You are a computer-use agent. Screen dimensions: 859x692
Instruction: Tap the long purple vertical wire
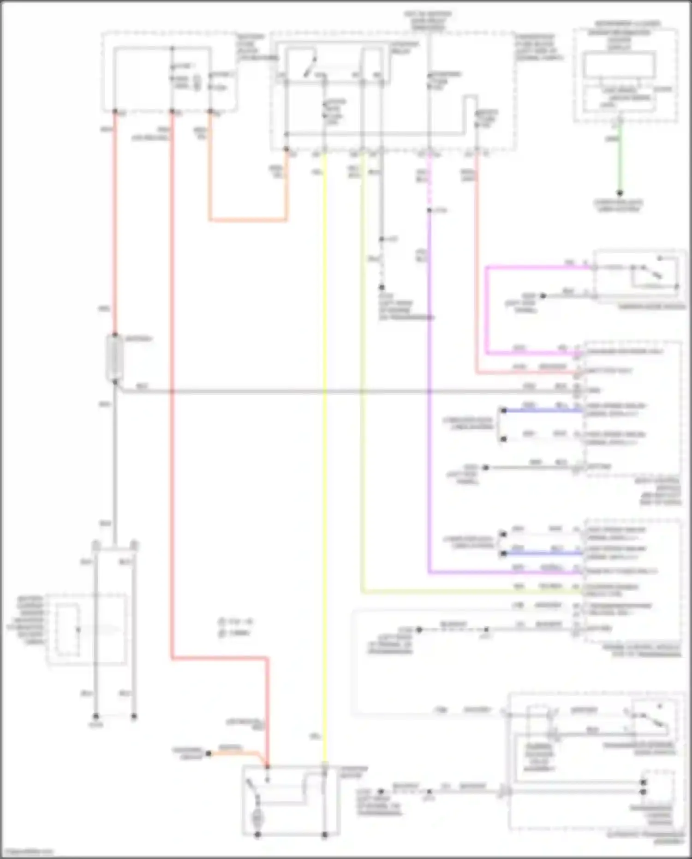(429, 392)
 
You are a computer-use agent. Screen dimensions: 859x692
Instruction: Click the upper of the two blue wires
(542, 410)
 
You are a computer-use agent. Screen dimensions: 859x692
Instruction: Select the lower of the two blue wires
(542, 553)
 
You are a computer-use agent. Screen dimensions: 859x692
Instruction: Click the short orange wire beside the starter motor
(235, 753)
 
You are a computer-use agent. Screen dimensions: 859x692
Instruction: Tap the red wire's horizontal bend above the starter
(219, 659)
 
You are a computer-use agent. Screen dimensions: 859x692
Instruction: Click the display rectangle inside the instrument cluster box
(619, 65)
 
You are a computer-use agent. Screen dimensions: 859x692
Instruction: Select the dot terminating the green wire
(620, 193)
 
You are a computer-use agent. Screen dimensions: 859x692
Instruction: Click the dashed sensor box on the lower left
(86, 630)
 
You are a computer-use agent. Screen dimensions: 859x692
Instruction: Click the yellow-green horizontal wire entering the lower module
(461, 591)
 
